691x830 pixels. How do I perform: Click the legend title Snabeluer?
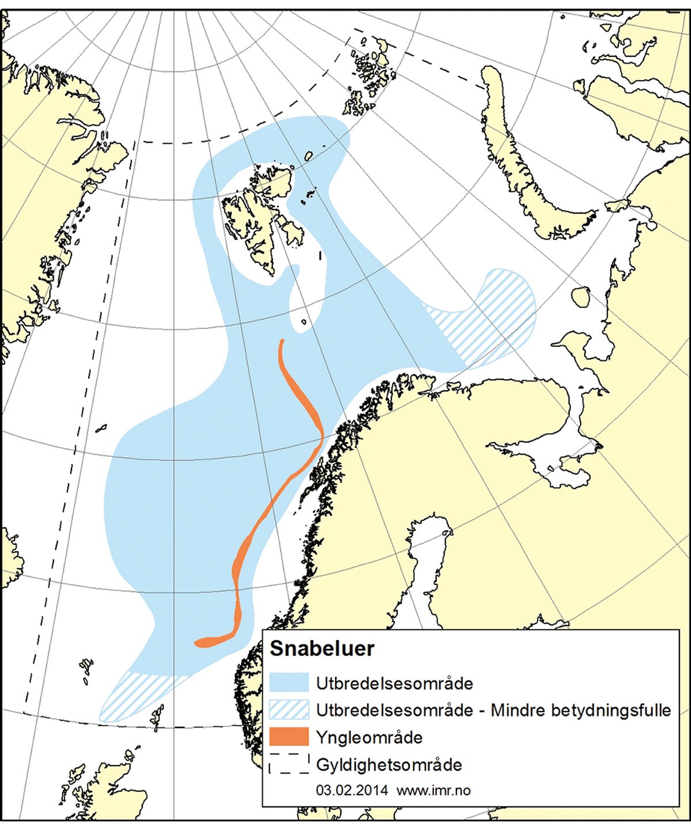pos(322,649)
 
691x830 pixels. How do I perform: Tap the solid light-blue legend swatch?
pos(289,683)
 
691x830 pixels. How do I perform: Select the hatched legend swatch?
pos(289,710)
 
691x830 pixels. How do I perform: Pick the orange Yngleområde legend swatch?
pos(289,737)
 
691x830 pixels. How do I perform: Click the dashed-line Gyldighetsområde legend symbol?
pos(289,763)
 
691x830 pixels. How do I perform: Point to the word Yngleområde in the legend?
pos(369,738)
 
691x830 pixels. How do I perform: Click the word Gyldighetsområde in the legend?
pos(389,765)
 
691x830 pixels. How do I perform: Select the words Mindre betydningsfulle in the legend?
pos(580,710)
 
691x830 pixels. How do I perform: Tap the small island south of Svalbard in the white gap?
pos(303,321)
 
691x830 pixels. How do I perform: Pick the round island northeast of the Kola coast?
pos(580,297)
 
